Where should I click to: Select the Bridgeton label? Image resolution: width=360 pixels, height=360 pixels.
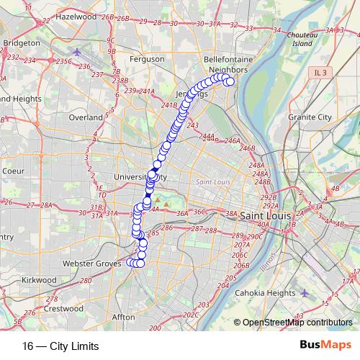coord(21,43)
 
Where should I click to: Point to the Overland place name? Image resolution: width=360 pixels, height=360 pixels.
coord(86,117)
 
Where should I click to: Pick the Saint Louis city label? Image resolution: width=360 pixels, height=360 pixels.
coord(265,216)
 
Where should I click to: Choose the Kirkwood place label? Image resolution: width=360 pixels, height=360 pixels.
coord(39,279)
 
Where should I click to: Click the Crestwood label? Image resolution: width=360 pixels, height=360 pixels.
coord(59,307)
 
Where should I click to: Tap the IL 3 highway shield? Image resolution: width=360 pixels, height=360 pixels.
coord(320,73)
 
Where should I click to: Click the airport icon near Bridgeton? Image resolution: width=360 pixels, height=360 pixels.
coord(78,53)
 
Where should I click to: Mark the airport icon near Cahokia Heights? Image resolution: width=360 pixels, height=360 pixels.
coord(304,292)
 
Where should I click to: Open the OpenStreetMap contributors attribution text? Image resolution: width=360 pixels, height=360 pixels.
coord(297,323)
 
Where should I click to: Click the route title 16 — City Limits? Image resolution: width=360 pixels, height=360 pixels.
coord(60,346)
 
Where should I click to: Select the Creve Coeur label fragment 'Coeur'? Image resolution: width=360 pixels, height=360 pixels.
coord(14,171)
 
